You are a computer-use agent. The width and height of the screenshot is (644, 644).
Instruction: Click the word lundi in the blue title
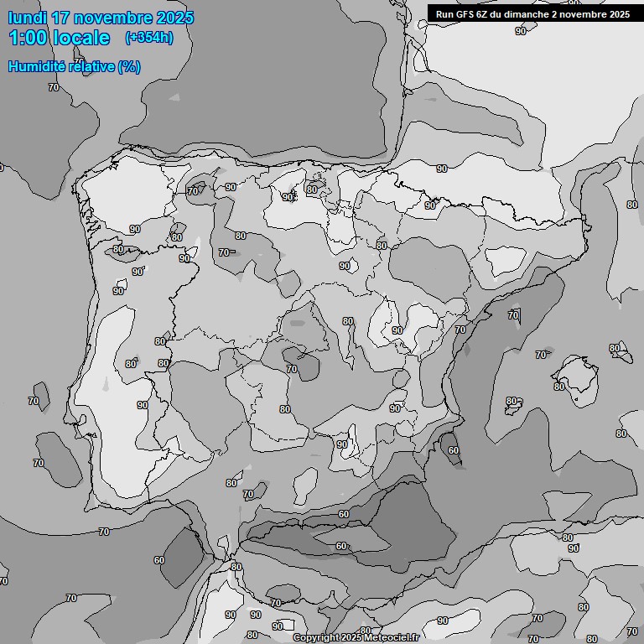[27, 18]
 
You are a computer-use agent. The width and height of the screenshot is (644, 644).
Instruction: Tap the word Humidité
[37, 66]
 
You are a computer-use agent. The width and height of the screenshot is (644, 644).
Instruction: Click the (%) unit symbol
[129, 66]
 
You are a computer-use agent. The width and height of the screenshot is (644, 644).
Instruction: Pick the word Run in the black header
[444, 13]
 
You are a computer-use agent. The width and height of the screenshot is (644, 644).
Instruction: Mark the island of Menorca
[621, 353]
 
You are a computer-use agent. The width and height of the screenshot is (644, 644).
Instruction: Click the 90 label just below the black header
[521, 31]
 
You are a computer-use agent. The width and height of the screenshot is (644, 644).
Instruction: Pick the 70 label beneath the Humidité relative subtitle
[54, 87]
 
